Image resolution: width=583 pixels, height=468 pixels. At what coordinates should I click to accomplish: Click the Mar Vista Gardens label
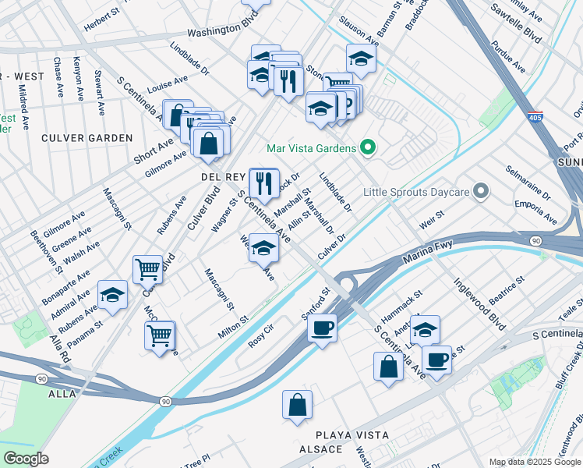[x=309, y=148]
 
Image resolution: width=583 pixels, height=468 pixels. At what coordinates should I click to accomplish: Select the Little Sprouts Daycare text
[x=417, y=191]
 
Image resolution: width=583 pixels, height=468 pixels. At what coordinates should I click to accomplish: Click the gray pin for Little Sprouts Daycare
[x=482, y=190]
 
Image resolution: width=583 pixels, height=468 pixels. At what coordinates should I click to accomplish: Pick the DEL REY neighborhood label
[x=224, y=178]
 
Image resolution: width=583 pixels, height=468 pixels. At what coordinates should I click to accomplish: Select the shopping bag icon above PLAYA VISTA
[x=297, y=405]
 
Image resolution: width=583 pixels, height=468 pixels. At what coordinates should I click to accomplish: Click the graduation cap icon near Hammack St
[x=425, y=329]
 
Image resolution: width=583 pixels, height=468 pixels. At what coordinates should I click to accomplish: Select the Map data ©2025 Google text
[x=535, y=462]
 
